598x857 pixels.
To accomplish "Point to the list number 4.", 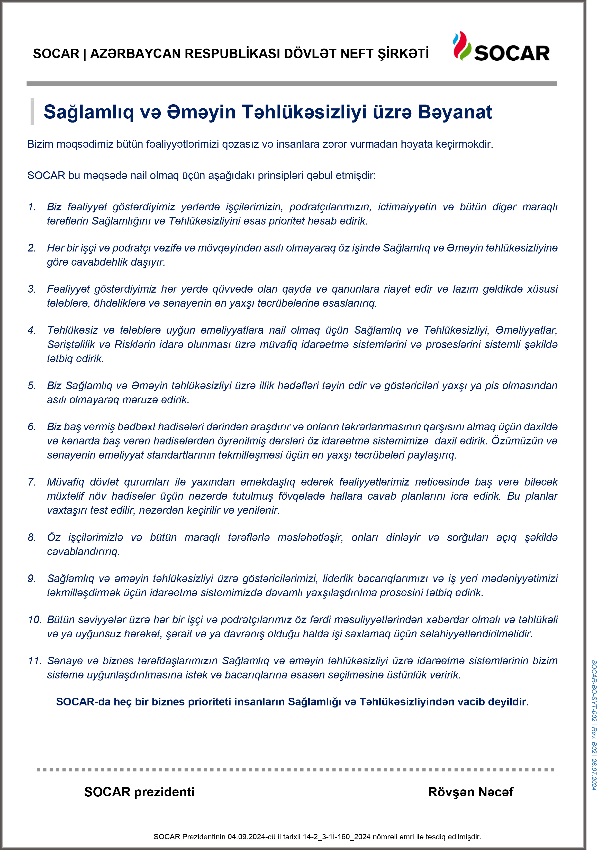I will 32,330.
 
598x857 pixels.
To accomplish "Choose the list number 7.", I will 32,482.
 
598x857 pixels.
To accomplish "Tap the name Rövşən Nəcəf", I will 470,792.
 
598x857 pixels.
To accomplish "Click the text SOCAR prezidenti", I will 139,792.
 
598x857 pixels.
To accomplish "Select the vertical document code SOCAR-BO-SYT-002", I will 594,691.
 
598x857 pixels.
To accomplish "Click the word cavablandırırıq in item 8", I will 83,552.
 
